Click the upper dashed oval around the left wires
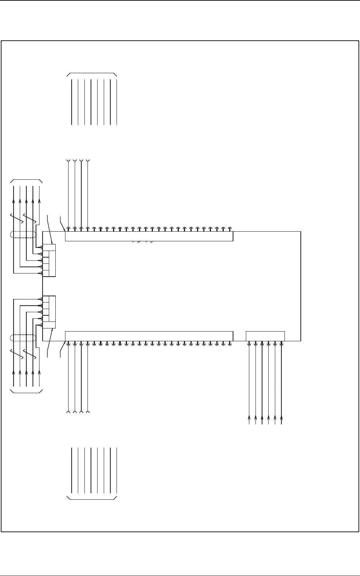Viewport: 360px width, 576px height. pos(23,234)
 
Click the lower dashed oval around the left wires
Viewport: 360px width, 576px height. pos(23,338)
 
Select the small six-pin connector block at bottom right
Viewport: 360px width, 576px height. pos(265,336)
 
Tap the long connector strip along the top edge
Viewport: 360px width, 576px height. pos(149,236)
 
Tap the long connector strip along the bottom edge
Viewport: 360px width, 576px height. pos(149,336)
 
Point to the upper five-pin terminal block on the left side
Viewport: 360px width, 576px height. pos(49,260)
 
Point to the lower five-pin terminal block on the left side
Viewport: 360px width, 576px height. pos(49,312)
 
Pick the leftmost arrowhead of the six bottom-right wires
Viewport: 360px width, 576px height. pos(249,418)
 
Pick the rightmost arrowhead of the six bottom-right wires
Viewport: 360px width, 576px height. pos(281,418)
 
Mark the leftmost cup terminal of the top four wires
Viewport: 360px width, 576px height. pos(69,160)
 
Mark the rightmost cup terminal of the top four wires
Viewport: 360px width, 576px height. pos(88,160)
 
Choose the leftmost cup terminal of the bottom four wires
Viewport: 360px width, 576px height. pos(69,412)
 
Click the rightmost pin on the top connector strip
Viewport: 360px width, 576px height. pos(230,228)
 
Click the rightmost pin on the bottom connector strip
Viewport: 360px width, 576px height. pos(230,344)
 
